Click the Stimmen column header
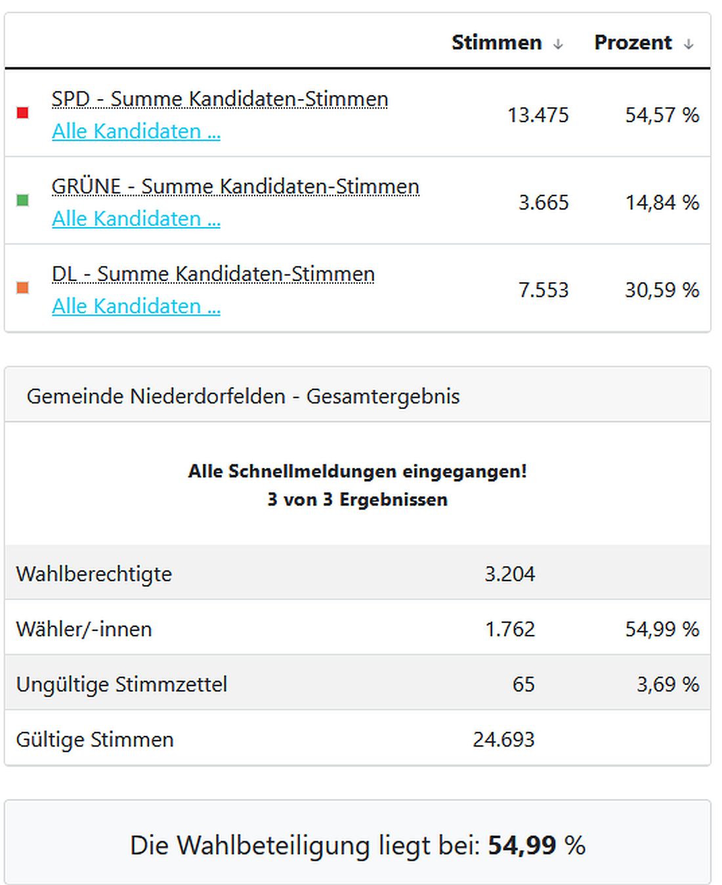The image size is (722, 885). click(497, 43)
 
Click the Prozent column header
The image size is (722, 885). click(633, 43)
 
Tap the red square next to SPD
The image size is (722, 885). click(23, 113)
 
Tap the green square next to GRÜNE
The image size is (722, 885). click(23, 200)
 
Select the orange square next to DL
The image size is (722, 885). click(23, 288)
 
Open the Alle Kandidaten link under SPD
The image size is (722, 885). click(136, 131)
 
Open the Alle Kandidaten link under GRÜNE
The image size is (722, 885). click(136, 219)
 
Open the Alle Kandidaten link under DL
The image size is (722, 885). click(136, 306)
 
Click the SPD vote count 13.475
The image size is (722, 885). click(538, 115)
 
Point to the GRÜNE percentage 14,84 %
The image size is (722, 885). click(662, 202)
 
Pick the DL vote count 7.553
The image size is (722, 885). click(543, 290)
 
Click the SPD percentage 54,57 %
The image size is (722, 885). click(662, 115)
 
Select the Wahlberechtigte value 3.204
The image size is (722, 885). click(510, 574)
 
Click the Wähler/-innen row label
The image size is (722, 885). click(84, 629)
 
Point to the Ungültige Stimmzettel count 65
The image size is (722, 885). click(523, 684)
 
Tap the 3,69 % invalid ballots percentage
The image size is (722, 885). click(668, 684)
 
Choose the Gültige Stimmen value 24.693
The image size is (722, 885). click(503, 739)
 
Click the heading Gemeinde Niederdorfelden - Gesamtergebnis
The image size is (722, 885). click(243, 397)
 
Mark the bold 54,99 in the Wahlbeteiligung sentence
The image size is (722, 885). click(522, 845)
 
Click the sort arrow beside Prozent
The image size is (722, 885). click(689, 44)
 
